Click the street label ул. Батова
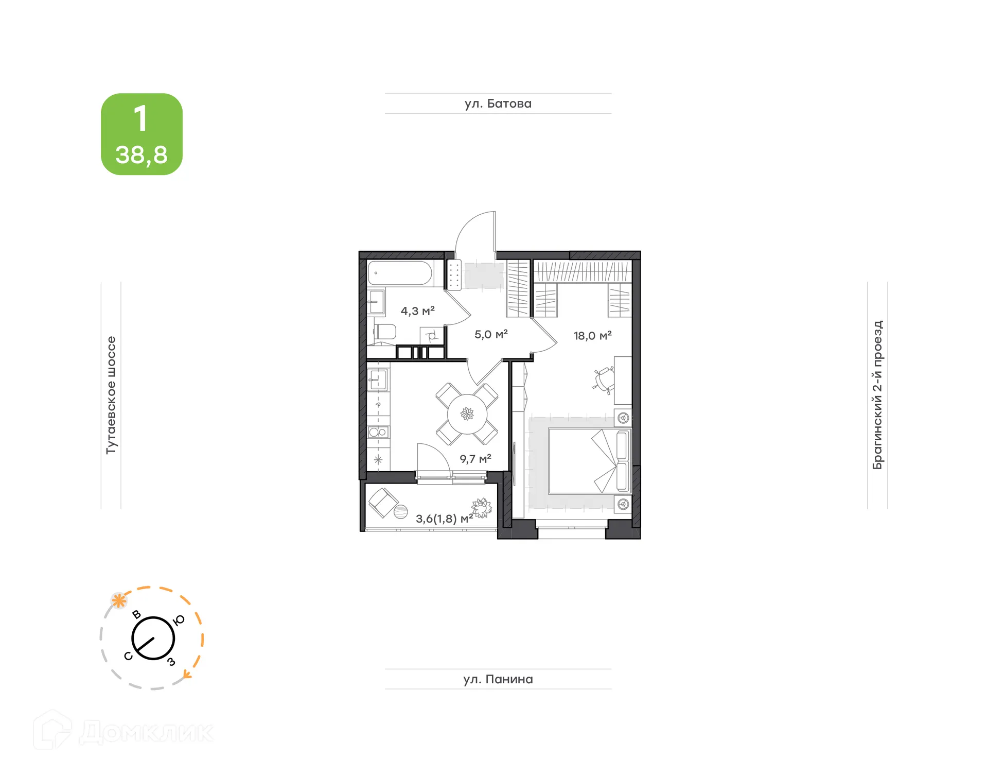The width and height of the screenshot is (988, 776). pos(498,104)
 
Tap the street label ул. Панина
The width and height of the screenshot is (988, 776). pos(498,679)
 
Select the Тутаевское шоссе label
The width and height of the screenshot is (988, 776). pos(111,395)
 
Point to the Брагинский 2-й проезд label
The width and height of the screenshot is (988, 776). pos(877,395)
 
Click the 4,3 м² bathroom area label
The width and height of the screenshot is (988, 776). pos(417,311)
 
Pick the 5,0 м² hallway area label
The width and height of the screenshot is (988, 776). pos(490,334)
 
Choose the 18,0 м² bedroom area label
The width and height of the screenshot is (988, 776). pos(592,336)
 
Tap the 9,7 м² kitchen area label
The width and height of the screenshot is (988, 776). pos(475,459)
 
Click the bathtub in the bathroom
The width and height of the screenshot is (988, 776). pos(400,273)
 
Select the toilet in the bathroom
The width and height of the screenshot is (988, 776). pos(384,332)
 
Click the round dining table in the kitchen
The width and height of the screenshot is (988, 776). pos(467,413)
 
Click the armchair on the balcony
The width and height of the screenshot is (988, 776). pos(383,502)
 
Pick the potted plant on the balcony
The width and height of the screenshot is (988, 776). pos(482,508)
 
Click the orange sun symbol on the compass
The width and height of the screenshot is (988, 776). pos(119,600)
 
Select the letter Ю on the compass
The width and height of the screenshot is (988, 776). pos(179,620)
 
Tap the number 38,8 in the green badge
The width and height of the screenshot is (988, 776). pos(142,154)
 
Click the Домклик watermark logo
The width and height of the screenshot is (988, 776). pos(123,731)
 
